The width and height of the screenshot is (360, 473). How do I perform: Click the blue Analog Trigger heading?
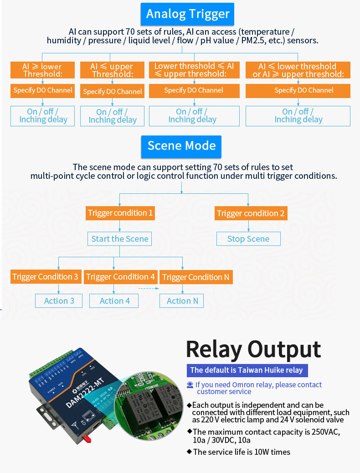pos(187,14)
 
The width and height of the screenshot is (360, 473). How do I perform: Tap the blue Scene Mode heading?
pos(181,146)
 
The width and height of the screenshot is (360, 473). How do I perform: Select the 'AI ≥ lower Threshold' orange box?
pos(42,70)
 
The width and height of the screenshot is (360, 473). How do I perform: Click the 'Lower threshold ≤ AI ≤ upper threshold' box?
pos(194,70)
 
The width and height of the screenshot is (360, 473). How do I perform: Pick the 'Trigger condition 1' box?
pos(120,213)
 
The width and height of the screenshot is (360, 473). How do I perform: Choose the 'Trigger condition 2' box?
pos(251,213)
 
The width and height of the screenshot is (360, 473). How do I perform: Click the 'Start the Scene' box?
pos(120,239)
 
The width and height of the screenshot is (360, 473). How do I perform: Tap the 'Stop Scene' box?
pos(248,239)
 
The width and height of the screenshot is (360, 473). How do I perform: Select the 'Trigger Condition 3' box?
pos(45,277)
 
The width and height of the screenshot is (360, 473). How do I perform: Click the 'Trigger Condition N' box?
pos(196,277)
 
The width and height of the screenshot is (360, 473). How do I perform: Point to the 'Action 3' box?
pos(59,301)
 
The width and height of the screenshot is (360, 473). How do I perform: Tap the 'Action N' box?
pos(182,301)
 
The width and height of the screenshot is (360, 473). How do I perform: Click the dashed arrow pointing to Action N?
pos(148,288)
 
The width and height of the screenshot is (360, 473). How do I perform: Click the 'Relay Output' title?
pos(253,349)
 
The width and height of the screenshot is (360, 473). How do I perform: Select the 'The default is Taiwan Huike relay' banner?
pos(247,370)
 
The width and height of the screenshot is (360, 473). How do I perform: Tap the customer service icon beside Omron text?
pos(190,385)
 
